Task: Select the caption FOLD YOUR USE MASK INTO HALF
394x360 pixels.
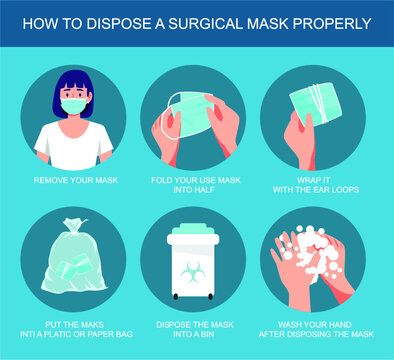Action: point(196,183)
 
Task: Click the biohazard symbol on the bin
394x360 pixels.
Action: point(196,270)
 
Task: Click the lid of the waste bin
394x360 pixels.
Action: point(196,233)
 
